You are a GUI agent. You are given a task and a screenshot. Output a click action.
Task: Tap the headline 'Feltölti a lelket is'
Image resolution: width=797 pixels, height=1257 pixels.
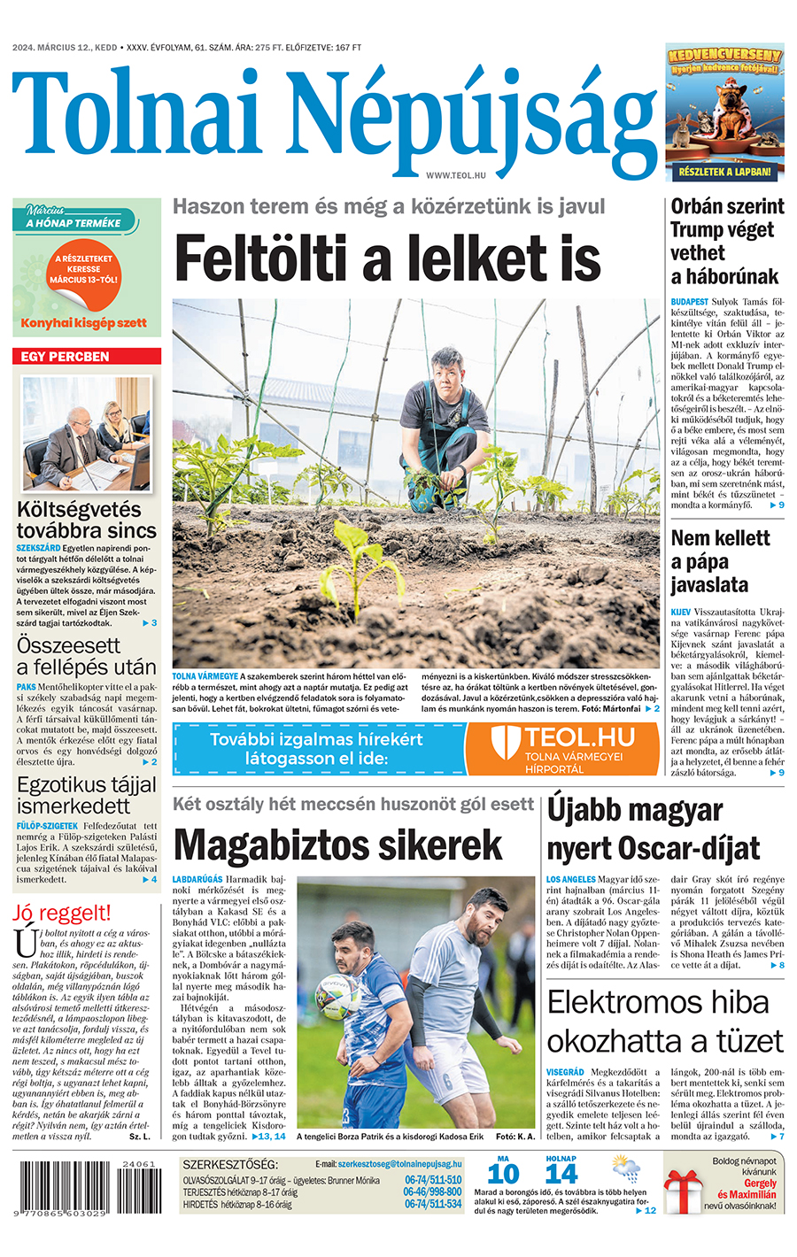tap(387, 259)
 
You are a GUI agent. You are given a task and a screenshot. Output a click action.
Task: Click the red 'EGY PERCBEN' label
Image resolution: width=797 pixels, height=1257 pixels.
tap(87, 357)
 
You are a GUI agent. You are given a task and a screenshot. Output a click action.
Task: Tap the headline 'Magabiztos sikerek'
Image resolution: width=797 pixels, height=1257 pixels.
tap(337, 845)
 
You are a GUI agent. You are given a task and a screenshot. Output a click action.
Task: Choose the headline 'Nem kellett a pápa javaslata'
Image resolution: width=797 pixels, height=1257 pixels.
tap(720, 561)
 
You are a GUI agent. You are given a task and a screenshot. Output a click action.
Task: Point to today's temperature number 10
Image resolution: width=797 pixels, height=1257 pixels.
tap(503, 1175)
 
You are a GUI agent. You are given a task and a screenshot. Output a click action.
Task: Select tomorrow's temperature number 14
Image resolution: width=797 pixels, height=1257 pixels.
tap(561, 1175)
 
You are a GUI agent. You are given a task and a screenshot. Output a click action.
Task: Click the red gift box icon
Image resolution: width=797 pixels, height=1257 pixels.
tap(684, 1191)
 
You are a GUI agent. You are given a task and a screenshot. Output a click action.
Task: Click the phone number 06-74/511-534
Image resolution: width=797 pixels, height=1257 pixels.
tap(433, 1205)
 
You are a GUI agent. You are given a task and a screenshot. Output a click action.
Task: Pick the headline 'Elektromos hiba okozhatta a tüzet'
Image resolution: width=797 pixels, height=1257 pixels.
tap(665, 1022)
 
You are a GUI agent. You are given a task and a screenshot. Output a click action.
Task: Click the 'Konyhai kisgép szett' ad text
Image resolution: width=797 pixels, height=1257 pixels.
tap(84, 323)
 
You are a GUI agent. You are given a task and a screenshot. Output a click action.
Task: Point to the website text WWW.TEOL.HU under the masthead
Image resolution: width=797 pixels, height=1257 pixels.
tap(456, 176)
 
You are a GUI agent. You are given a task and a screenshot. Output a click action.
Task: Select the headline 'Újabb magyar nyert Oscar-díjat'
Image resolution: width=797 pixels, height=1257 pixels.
tap(653, 829)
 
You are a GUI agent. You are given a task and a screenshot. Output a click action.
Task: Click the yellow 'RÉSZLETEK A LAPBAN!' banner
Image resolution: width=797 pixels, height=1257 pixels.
tap(724, 173)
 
